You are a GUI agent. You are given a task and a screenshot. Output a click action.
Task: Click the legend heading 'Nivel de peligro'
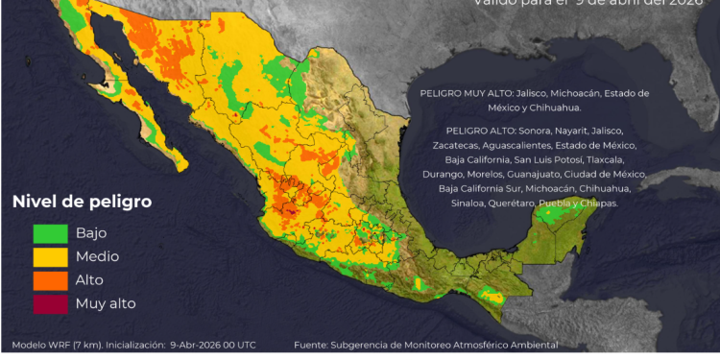[x=81, y=203]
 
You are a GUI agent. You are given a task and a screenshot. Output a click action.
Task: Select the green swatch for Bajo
[x=51, y=233]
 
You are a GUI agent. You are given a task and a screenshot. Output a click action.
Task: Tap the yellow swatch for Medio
[x=51, y=256]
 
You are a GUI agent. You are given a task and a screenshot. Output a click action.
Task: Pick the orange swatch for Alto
[x=51, y=280]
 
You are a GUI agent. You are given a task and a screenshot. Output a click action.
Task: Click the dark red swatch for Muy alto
[x=51, y=303]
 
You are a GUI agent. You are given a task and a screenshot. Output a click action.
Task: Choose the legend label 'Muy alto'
[x=106, y=303]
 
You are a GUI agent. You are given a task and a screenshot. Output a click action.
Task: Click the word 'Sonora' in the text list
[x=539, y=130]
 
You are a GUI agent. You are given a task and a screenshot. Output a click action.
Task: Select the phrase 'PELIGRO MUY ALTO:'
[x=466, y=93]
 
